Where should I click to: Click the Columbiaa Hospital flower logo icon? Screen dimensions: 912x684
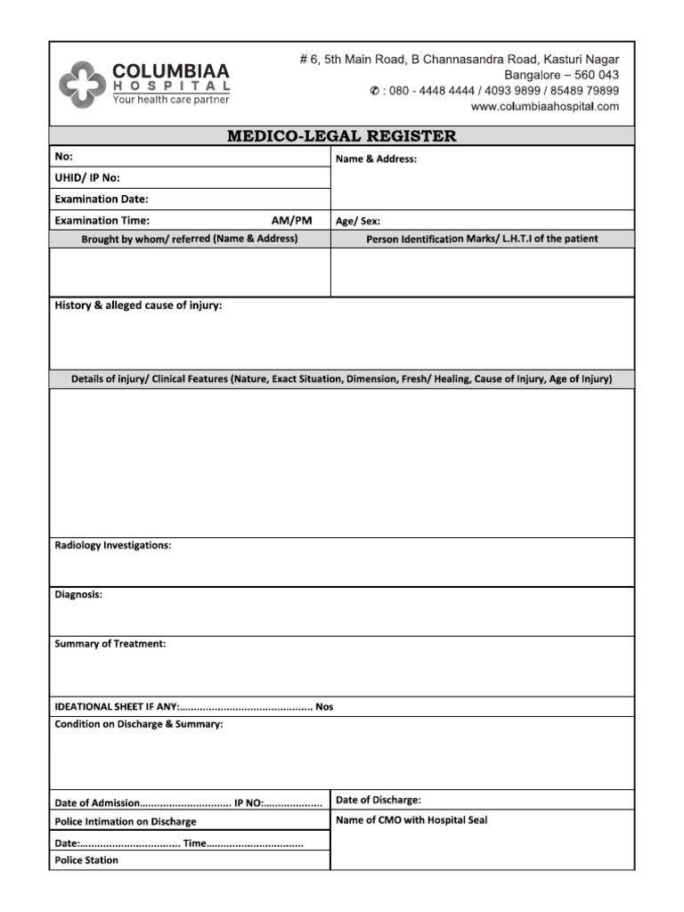[81, 85]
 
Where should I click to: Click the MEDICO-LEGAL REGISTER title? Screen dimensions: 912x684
[342, 136]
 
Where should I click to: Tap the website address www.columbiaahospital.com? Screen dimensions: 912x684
[544, 107]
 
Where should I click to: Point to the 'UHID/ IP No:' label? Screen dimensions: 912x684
[87, 178]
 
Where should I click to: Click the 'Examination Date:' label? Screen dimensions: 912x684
[102, 199]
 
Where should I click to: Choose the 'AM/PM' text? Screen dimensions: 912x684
[292, 220]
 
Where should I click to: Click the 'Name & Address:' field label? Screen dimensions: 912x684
[376, 159]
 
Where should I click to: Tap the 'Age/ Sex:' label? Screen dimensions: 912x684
[358, 221]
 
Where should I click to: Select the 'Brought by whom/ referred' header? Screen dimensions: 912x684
[190, 239]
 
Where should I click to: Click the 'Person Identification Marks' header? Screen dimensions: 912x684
[482, 239]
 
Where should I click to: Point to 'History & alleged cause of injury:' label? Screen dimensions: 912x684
[139, 305]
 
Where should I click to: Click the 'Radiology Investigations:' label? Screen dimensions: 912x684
[113, 545]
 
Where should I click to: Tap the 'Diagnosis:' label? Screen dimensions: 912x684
[78, 594]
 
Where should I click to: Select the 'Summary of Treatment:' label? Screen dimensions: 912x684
[110, 643]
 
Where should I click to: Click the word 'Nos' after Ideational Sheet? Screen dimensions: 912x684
[324, 707]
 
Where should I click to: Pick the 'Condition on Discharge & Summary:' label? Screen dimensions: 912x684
[139, 724]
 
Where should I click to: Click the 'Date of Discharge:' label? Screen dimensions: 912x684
[379, 800]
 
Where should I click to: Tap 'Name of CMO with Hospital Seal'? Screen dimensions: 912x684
[411, 820]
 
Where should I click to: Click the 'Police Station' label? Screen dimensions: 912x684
[86, 860]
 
